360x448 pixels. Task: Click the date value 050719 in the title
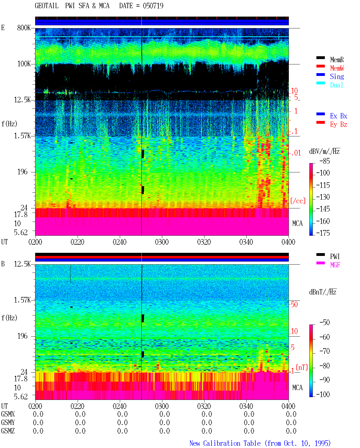[x=153, y=6]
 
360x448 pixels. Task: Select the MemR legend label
[x=337, y=60]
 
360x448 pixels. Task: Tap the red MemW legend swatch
[x=320, y=66]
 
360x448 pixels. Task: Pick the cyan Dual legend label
[x=337, y=85]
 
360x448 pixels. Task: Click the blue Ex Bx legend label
[x=339, y=116]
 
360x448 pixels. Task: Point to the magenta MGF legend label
[x=335, y=265]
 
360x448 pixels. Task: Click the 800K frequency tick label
[x=24, y=28]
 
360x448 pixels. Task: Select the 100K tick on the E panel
[x=24, y=64]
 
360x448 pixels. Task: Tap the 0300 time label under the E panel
[x=162, y=242]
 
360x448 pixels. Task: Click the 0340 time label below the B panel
[x=246, y=406]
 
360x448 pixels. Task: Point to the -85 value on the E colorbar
[x=325, y=161]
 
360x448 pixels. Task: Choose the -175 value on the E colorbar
[x=323, y=233]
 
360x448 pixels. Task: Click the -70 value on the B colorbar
[x=325, y=351]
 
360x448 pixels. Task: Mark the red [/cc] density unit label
[x=298, y=201]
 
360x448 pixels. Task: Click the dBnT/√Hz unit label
[x=323, y=292]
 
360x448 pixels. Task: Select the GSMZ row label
[x=8, y=431]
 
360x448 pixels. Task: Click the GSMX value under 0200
[x=38, y=414]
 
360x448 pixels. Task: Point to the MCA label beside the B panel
[x=297, y=388]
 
